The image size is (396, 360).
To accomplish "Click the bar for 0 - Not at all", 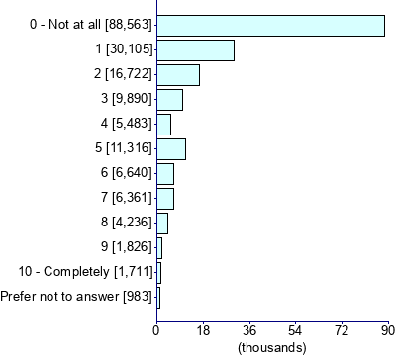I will (x=270, y=26).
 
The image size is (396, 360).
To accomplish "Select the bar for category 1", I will (x=195, y=50).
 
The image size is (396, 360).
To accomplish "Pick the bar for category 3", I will (x=169, y=100).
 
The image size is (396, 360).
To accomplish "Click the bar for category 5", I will (x=171, y=149).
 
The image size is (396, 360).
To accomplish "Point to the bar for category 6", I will (x=165, y=174).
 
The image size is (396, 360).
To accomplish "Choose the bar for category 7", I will (x=165, y=199).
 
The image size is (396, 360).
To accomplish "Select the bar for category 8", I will (x=162, y=224).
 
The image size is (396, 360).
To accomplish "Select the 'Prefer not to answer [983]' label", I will (x=76, y=297).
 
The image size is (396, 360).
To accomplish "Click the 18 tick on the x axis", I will (x=203, y=330).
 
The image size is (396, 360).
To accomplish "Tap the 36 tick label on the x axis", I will (x=249, y=330).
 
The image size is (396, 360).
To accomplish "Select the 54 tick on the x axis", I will (x=295, y=330).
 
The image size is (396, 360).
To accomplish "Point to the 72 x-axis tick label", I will (x=342, y=330).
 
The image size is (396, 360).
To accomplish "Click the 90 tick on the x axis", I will (x=387, y=330).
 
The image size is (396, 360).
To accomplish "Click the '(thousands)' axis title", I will (x=272, y=347).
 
